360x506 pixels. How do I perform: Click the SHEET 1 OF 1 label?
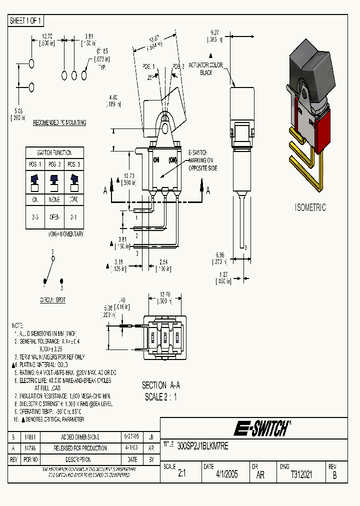coord(26,20)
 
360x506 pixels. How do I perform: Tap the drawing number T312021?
coord(301,474)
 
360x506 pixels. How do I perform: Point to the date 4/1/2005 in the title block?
coord(226,474)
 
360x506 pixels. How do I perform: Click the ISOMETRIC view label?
coord(310,207)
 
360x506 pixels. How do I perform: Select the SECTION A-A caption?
coord(161,385)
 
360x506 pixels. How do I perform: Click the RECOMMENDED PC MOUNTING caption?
coord(59,122)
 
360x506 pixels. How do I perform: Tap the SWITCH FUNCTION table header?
coord(54,152)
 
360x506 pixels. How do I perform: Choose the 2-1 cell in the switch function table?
coord(74,217)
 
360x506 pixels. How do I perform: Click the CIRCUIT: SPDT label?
coord(52,300)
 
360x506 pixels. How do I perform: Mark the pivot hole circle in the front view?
coord(165,128)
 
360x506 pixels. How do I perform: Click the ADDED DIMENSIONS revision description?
coord(80,437)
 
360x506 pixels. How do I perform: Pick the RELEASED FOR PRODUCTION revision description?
coord(80,448)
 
